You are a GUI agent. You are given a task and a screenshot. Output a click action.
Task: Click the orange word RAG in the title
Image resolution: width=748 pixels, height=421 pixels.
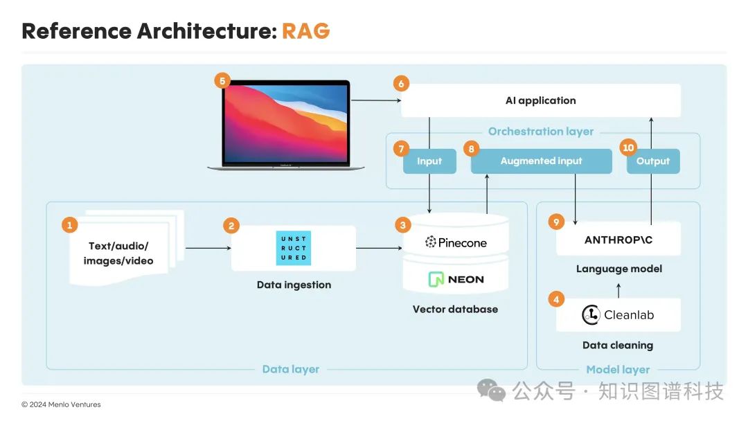[x=305, y=31]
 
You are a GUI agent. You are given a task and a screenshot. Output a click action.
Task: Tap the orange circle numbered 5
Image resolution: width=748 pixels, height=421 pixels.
[x=222, y=81]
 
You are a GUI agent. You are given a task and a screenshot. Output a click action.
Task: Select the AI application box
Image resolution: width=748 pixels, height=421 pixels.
[x=540, y=100]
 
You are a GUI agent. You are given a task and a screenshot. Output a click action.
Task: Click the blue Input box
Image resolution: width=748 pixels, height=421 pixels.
[x=429, y=161]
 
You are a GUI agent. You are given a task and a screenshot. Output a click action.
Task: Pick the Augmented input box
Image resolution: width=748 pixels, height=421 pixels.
[x=541, y=161]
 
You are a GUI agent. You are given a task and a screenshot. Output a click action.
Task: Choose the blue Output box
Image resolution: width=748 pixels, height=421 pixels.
[x=653, y=161]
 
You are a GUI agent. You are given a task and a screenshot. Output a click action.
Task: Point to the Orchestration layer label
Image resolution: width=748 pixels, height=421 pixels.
[x=540, y=132]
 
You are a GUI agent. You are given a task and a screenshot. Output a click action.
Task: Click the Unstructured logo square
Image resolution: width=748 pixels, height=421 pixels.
[x=294, y=248]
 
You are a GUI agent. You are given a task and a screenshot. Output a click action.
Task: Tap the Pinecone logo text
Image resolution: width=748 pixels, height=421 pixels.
[x=456, y=242]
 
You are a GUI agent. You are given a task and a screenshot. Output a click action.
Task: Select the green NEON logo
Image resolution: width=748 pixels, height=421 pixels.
[x=456, y=280]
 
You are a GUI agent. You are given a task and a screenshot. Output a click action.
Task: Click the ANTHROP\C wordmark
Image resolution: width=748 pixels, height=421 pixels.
[x=618, y=240]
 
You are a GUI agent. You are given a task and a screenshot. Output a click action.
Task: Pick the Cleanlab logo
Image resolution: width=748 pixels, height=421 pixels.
[x=618, y=315]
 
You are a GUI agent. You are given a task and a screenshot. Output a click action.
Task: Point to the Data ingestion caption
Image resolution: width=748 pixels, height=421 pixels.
[x=294, y=285]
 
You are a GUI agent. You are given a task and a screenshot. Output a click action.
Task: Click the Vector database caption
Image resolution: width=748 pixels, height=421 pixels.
[x=455, y=310]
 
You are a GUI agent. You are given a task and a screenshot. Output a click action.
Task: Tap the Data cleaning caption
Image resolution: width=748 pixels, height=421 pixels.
[x=618, y=345]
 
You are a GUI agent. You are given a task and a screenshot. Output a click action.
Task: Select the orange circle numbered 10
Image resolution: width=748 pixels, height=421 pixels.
[x=628, y=148]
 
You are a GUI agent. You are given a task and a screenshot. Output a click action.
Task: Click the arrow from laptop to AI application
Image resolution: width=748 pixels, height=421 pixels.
[x=376, y=101]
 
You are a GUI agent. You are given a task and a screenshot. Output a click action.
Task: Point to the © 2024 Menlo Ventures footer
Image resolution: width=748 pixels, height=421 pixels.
[x=61, y=404]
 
